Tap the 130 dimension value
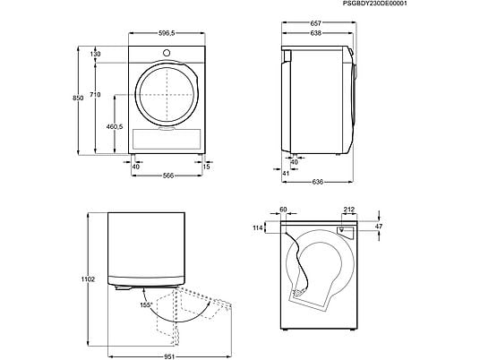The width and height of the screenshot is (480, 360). coord(120,54)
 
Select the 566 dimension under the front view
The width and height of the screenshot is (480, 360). coord(160,176)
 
